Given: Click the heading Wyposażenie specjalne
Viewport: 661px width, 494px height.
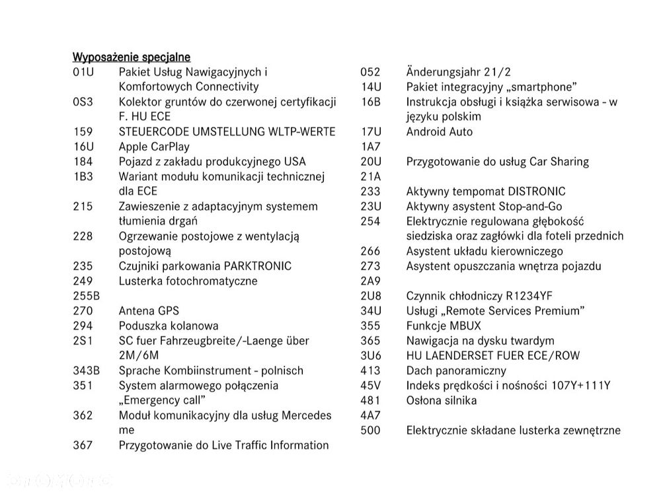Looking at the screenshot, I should (x=131, y=57).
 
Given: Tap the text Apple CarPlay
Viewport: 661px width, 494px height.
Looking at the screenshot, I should (x=153, y=147).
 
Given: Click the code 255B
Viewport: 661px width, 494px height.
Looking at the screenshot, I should (x=86, y=296).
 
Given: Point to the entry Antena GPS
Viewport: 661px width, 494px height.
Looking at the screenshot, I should (x=149, y=310).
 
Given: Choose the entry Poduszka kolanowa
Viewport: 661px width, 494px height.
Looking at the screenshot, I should (x=168, y=326).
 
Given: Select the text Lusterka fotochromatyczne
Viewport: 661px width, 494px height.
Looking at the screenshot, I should (x=188, y=281).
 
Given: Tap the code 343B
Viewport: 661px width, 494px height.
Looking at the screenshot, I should (x=86, y=370).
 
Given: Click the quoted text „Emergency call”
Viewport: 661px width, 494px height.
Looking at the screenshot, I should (x=162, y=400).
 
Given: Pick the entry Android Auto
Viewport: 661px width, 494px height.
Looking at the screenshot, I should (x=440, y=131).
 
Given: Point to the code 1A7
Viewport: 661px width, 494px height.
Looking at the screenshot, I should (x=371, y=147).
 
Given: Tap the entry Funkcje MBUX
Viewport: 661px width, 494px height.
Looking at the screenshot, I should (x=444, y=326).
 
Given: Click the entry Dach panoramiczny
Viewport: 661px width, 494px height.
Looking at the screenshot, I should (x=456, y=370).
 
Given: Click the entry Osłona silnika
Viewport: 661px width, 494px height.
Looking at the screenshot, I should (x=441, y=400).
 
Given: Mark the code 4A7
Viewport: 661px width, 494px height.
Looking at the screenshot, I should (x=371, y=415).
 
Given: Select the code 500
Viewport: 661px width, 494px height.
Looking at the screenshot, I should (x=370, y=431).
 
